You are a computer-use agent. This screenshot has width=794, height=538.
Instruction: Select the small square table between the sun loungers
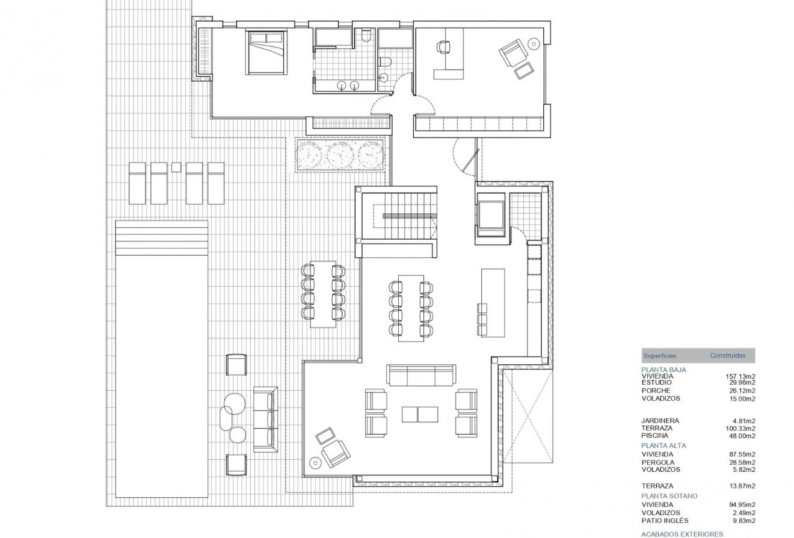tap(176, 167)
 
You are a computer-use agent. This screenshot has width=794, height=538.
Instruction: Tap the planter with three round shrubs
tap(340, 156)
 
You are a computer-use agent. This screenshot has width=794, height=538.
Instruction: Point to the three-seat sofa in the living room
tap(420, 375)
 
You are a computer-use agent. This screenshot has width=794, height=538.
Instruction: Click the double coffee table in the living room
tap(420, 415)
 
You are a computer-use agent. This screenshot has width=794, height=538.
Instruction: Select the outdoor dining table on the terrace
tap(323, 295)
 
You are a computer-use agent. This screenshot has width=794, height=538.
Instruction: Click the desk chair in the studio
tap(443, 46)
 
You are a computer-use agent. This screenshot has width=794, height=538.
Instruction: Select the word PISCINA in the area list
tap(654, 436)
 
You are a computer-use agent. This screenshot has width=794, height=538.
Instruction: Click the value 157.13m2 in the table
tap(740, 376)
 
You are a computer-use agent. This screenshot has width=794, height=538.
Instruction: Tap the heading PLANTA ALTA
tap(663, 445)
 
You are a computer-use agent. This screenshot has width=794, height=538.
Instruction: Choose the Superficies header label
tap(659, 356)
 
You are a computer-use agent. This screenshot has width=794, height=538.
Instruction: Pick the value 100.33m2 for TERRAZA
tap(740, 428)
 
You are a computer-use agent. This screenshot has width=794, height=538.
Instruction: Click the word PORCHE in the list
tap(656, 391)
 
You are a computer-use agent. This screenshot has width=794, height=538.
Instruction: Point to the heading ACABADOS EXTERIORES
tap(682, 533)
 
